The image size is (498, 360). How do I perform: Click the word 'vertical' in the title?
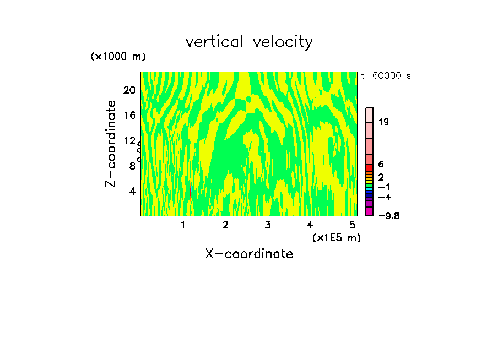coord(215,42)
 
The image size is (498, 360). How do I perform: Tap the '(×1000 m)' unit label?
coord(117,57)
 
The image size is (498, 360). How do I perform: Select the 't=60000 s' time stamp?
coord(386,76)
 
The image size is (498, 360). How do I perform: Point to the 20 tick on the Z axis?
coord(129,90)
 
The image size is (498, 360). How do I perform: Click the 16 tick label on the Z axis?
coord(129,115)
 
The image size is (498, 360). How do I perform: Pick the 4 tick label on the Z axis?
coord(132,191)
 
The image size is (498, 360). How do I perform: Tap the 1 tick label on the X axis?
coord(183,225)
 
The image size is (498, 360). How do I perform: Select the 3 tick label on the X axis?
coord(267,225)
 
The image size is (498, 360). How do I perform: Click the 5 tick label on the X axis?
coord(352,225)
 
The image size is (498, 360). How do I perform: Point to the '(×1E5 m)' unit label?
coord(336,238)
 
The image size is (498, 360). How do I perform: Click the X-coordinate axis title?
coord(249,254)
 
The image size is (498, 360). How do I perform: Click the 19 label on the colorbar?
coord(383,122)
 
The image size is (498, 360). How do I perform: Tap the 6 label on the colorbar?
coord(381,165)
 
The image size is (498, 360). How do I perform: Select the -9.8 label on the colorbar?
coord(388,216)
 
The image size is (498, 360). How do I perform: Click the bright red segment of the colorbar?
coord(370,167)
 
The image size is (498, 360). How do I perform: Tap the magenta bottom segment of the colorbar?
coord(370,212)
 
